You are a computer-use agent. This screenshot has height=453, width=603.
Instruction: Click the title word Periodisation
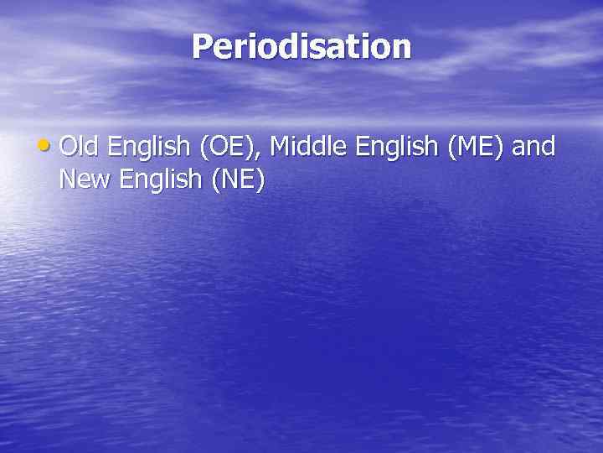(301, 47)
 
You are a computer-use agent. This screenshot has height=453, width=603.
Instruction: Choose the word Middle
(310, 147)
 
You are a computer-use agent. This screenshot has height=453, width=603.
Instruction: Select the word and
(535, 147)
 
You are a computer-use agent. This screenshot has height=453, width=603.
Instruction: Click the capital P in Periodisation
(201, 47)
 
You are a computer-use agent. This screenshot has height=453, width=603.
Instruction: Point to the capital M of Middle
(281, 147)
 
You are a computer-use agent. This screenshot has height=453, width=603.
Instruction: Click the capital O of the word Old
(69, 147)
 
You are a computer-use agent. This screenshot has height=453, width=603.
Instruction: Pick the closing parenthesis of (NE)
(260, 180)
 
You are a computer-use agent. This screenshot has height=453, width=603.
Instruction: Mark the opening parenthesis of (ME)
(452, 148)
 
